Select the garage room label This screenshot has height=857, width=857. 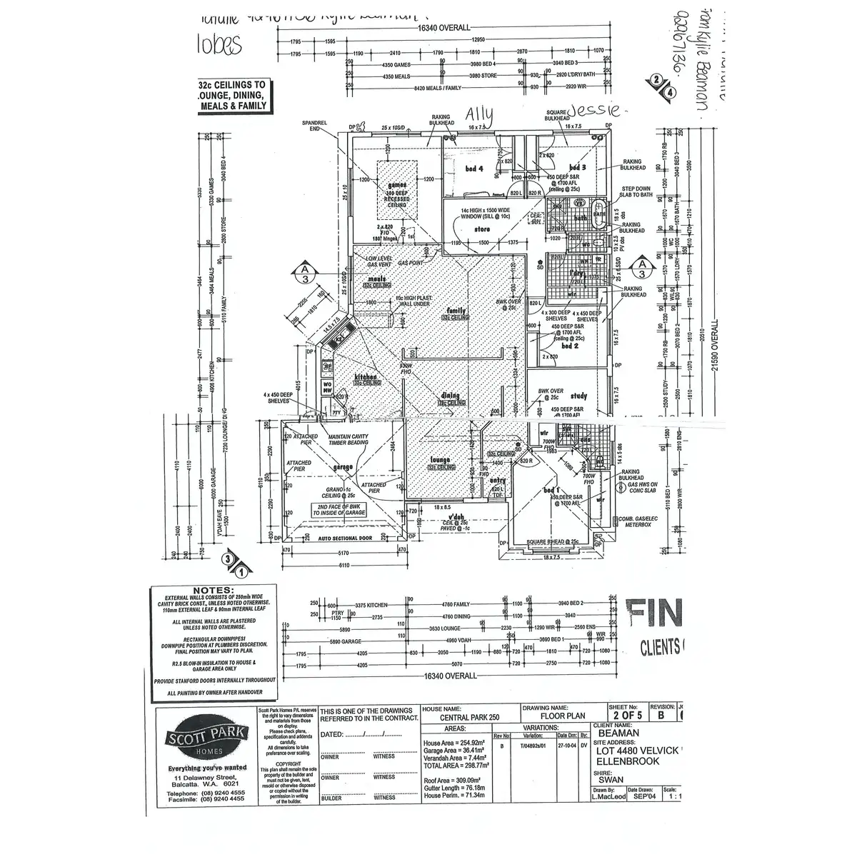click(344, 466)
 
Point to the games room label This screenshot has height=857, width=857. click(397, 185)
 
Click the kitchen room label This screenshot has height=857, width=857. click(366, 376)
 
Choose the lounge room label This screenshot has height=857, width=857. click(438, 461)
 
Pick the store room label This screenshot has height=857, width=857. click(481, 230)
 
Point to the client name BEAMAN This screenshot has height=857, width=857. click(618, 732)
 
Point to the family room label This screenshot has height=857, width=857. click(455, 311)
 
